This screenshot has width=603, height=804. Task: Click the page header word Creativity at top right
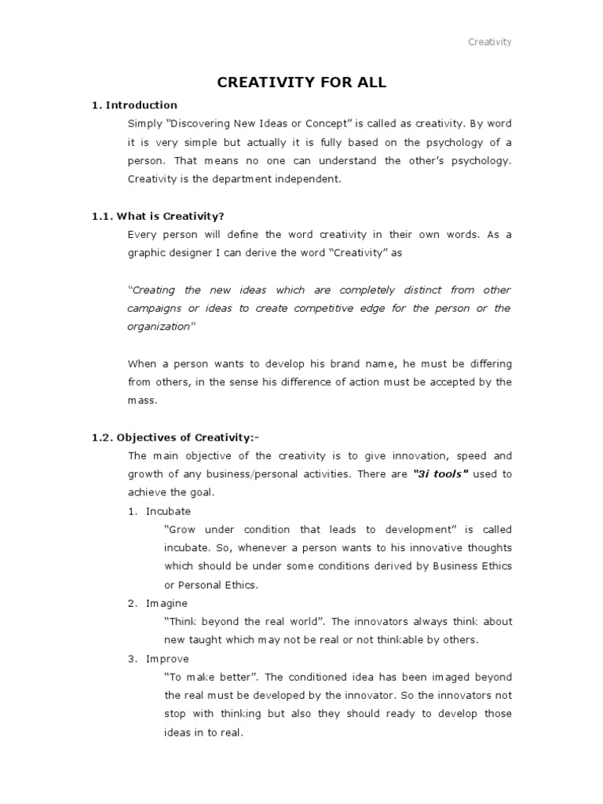coord(490,42)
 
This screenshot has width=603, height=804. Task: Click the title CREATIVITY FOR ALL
coord(301,82)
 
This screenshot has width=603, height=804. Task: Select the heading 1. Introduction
coord(134,105)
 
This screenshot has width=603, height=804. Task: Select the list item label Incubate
coord(168,511)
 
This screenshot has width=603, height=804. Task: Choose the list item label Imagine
coord(166,603)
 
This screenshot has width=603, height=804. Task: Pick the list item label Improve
coord(167,659)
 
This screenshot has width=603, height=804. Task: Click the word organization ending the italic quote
coord(159,327)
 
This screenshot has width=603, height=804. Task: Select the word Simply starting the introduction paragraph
coord(144,124)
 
